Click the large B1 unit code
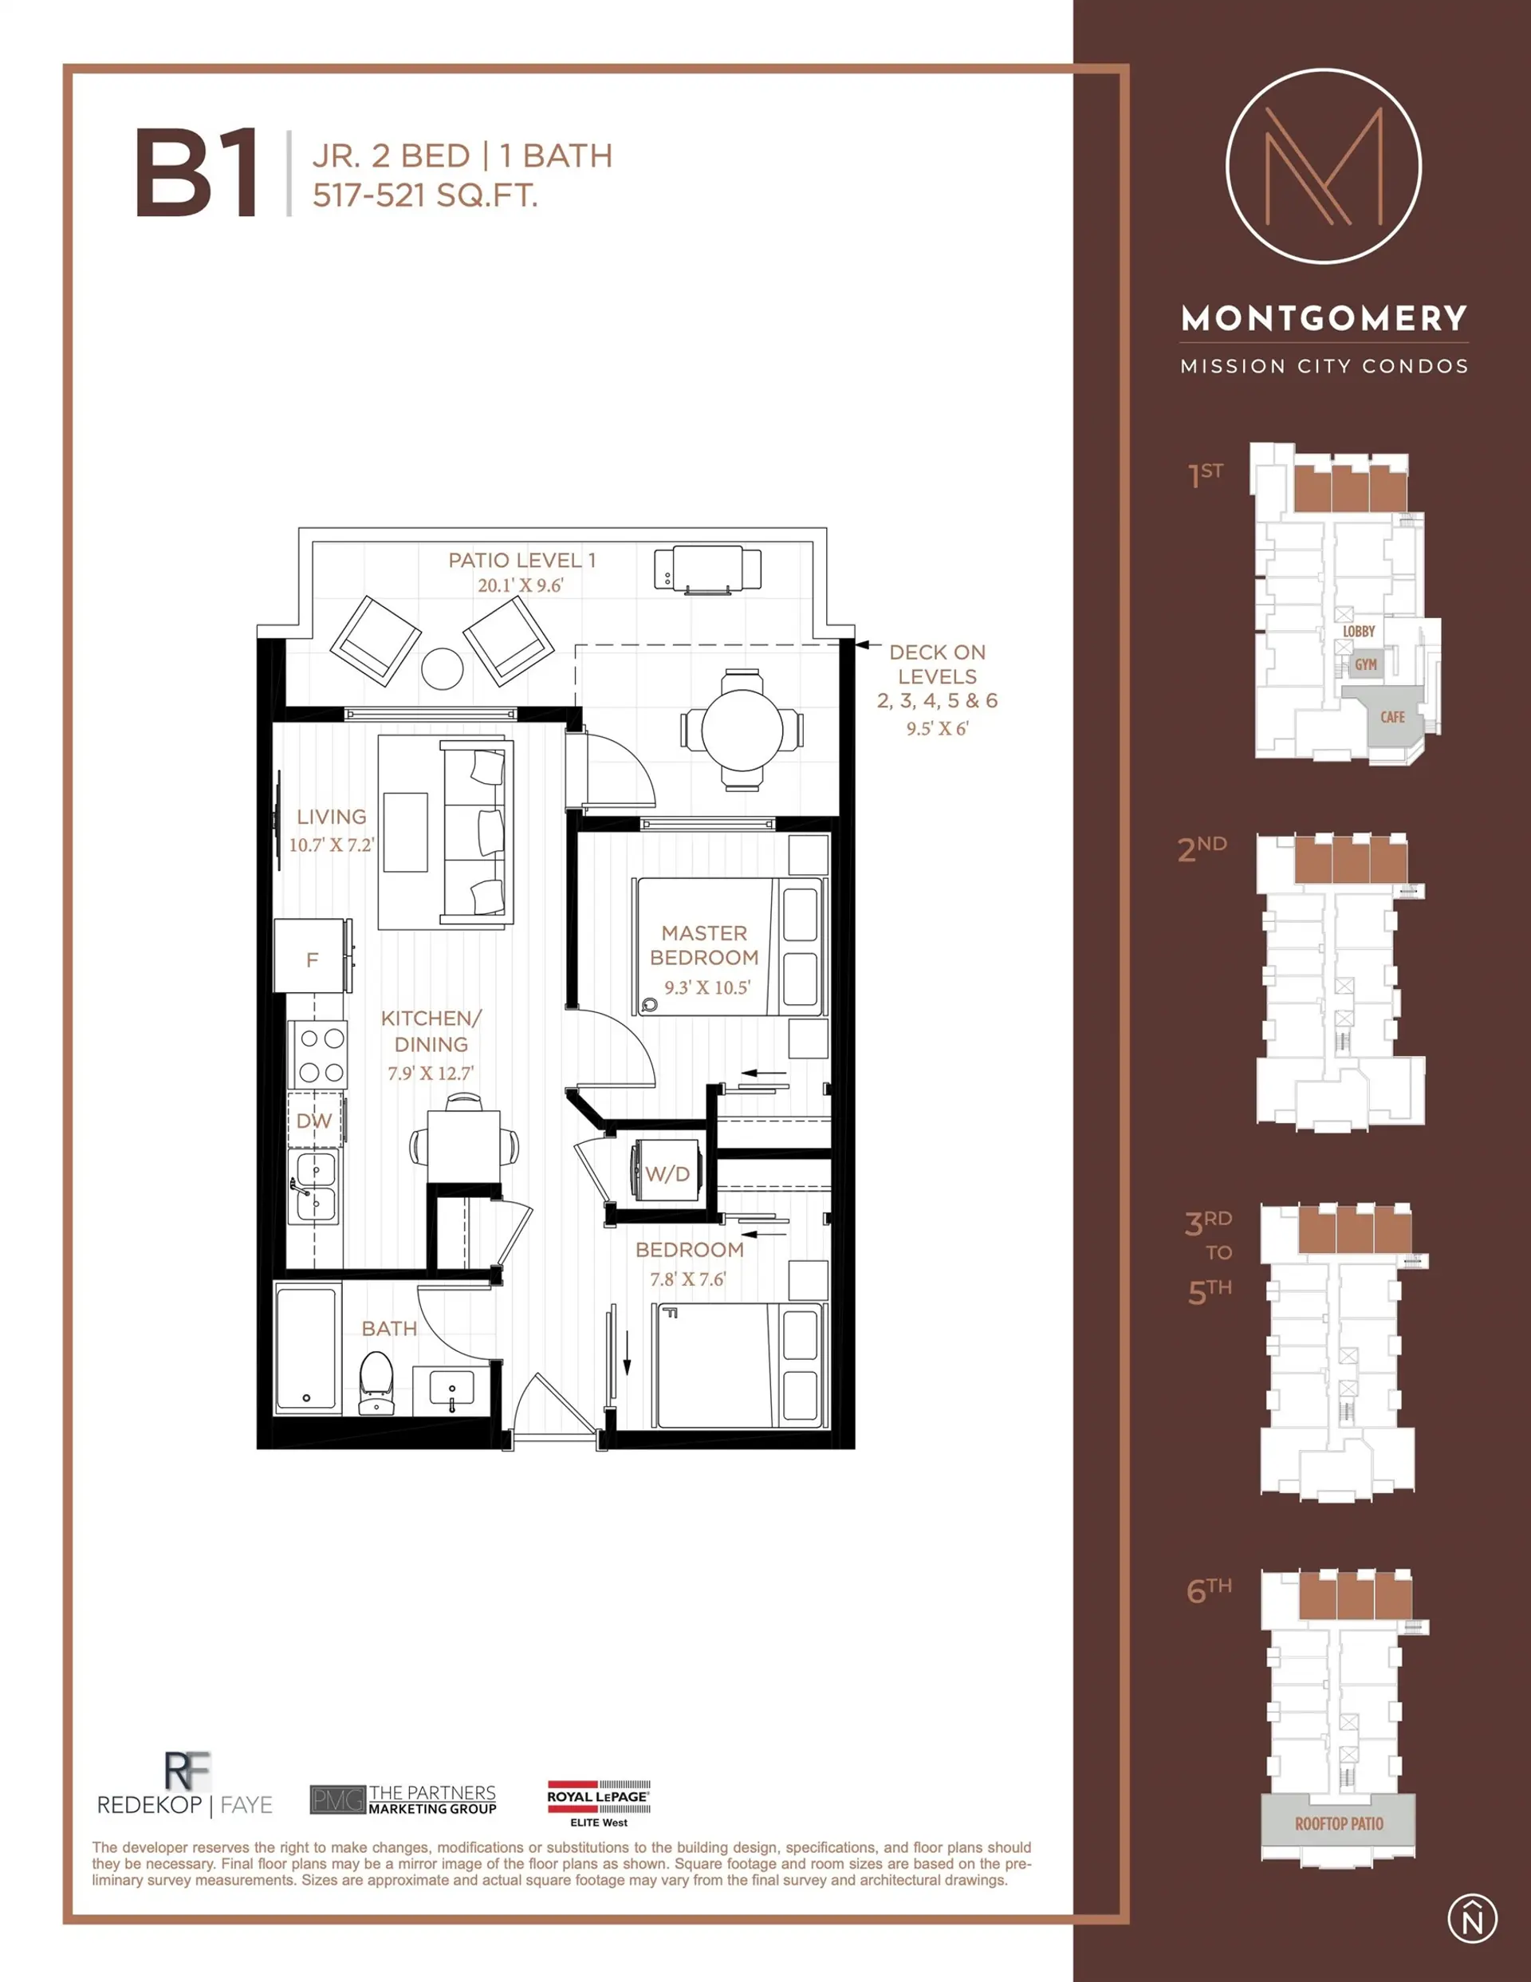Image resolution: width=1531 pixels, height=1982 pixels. pos(197,172)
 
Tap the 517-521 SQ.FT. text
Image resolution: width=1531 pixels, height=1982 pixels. pos(425,195)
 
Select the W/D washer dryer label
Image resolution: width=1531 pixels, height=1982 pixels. pos(667,1173)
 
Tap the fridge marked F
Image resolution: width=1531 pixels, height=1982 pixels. pos(313,959)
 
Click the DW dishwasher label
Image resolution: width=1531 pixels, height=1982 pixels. pos(314,1121)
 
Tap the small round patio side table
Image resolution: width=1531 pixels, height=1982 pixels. pos(443,669)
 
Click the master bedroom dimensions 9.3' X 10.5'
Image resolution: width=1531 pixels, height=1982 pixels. pos(706,987)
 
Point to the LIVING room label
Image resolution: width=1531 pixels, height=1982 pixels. pos(331,817)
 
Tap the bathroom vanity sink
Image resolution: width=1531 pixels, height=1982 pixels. pos(451,1389)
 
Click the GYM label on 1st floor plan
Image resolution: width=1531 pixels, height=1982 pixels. pos(1366,664)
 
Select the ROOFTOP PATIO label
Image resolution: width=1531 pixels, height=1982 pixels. pos(1339,1823)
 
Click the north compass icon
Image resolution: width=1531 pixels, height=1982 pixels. pos(1471,1919)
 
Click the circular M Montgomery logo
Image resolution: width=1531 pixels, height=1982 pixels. pos(1323,166)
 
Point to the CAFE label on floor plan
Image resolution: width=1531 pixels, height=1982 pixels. pos(1392,717)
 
